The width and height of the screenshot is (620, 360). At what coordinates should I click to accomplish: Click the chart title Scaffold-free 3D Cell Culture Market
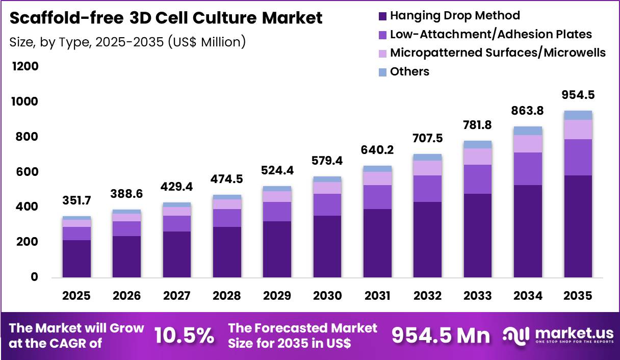pyautogui.click(x=166, y=18)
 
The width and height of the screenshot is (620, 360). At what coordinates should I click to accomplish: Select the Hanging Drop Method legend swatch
pyautogui.click(x=383, y=16)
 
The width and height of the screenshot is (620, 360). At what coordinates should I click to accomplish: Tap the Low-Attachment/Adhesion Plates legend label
pyautogui.click(x=490, y=34)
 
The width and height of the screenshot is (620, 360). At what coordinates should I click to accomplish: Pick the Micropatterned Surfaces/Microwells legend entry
pyautogui.click(x=498, y=53)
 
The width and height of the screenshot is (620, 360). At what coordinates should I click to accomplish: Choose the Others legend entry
pyautogui.click(x=409, y=71)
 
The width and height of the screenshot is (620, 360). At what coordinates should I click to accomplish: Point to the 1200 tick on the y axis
pyautogui.click(x=24, y=67)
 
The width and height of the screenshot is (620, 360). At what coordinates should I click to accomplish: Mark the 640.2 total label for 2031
pyautogui.click(x=377, y=151)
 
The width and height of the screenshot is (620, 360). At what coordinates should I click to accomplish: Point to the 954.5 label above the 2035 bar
pyautogui.click(x=578, y=95)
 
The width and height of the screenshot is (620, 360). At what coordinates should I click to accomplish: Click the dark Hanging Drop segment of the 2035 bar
pyautogui.click(x=578, y=226)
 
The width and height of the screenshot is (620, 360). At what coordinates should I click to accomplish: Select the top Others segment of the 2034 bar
pyautogui.click(x=528, y=131)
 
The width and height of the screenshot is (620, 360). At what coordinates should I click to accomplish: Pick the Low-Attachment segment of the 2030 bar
pyautogui.click(x=327, y=204)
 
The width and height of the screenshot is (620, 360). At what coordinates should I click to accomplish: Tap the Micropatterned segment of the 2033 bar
pyautogui.click(x=478, y=157)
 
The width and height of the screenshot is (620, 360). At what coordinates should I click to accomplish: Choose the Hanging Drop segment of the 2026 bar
pyautogui.click(x=126, y=256)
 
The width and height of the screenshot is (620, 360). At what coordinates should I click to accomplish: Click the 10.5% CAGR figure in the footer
pyautogui.click(x=184, y=335)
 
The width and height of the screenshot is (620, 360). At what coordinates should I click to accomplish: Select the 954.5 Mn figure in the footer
pyautogui.click(x=441, y=335)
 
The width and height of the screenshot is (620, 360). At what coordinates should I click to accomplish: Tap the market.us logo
pyautogui.click(x=558, y=335)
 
